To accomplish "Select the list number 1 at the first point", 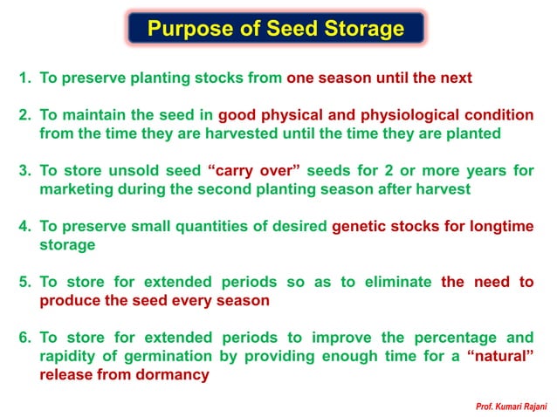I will click(x=24, y=78).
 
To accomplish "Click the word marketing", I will click(x=74, y=189).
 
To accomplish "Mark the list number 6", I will click(x=24, y=338).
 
